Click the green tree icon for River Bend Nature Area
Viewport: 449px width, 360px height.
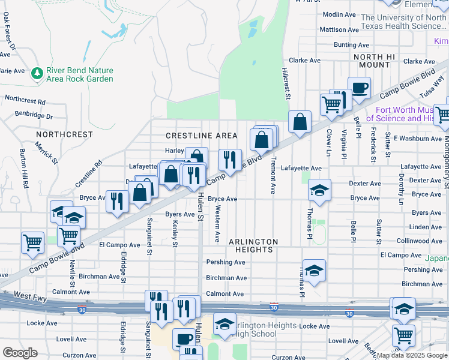pos(38,73)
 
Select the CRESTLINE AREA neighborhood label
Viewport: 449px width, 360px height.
pos(202,136)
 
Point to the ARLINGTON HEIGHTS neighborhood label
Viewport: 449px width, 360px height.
pos(253,245)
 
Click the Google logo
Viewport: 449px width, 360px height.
pos(20,352)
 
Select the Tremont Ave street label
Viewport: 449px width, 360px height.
pos(273,175)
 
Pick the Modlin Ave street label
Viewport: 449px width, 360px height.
pos(340,14)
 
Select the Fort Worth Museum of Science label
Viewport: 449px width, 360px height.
pos(412,114)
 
